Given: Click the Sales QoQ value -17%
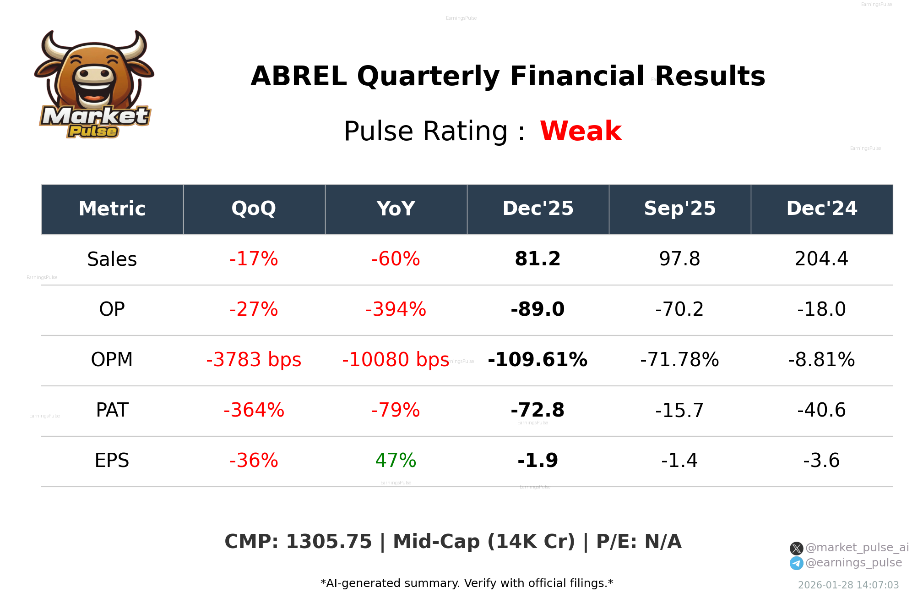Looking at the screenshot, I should pos(254,259).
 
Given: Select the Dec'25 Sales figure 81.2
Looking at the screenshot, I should pos(538,259).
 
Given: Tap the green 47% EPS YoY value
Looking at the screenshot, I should pos(396,461).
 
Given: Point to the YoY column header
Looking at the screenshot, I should pos(396,209).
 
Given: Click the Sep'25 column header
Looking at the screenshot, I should pos(679,209).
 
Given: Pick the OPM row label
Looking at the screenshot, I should pos(112,360).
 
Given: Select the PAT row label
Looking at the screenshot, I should pos(112,410).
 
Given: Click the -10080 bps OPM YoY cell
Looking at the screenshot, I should pos(396,360).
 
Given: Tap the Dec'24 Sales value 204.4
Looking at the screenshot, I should pos(821,259).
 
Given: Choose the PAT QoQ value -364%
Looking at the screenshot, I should pos(254,410).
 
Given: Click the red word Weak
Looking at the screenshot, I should pos(581,131).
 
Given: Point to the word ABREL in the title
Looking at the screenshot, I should pos(299,76).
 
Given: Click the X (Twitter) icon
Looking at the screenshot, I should pos(796,548).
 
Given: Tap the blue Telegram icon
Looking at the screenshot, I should pos(796,563).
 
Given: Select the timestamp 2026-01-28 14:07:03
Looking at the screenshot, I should pos(848,585).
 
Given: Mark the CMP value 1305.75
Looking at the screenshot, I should pos(329,542).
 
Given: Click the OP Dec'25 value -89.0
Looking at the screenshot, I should pos(538,309).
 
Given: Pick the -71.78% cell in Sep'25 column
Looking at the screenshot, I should pos(679,360).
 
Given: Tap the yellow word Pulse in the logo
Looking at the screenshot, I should pos(93,132).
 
